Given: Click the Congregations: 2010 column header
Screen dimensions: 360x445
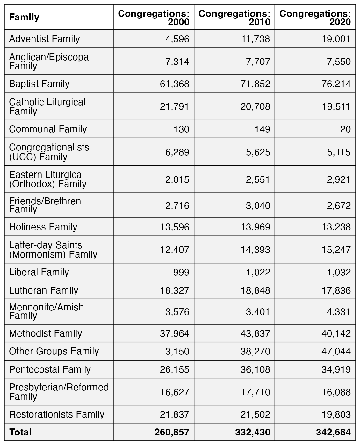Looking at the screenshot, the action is click(234, 18).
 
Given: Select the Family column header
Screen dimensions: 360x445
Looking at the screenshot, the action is click(24, 17).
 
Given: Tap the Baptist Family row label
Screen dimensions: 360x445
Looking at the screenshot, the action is click(39, 84).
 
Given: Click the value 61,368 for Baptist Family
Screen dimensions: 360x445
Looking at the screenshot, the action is click(175, 84).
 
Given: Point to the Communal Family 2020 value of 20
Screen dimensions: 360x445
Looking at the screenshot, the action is click(345, 129).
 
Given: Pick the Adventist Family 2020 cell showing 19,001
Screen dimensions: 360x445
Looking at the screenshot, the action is click(336, 39).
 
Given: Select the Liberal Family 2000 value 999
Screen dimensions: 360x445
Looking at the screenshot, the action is click(181, 273).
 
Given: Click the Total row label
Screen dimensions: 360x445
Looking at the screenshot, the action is click(20, 432).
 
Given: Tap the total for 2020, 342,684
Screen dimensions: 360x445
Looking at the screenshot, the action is click(333, 432).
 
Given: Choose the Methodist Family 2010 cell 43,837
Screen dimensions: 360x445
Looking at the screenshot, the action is click(256, 333).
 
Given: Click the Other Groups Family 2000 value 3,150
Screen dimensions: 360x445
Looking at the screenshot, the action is click(177, 351).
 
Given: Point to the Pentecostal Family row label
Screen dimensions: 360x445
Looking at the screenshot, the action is click(50, 369).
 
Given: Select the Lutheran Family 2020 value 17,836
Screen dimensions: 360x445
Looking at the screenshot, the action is click(336, 291).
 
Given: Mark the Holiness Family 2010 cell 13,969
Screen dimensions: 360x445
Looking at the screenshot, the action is click(256, 227).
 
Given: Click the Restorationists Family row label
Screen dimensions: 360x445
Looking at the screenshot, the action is click(57, 414).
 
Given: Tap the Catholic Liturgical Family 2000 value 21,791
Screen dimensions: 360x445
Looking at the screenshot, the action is click(174, 107).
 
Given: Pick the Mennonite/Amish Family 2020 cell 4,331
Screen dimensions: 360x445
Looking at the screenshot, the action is click(338, 312).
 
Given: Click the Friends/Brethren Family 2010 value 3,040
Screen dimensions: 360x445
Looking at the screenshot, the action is click(258, 206).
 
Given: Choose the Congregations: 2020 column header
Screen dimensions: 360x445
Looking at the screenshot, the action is click(315, 18).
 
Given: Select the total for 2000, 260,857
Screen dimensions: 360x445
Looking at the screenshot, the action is click(172, 432).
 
